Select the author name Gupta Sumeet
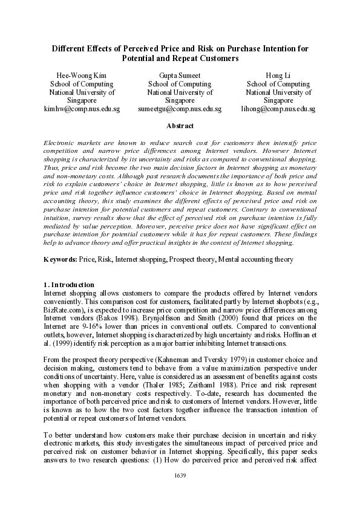(x=180, y=76)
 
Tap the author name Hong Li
(x=278, y=76)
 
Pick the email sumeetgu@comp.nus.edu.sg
(x=180, y=109)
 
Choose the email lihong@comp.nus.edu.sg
(x=278, y=109)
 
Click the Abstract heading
(x=180, y=126)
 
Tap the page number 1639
(x=180, y=493)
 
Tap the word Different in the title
(x=71, y=48)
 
